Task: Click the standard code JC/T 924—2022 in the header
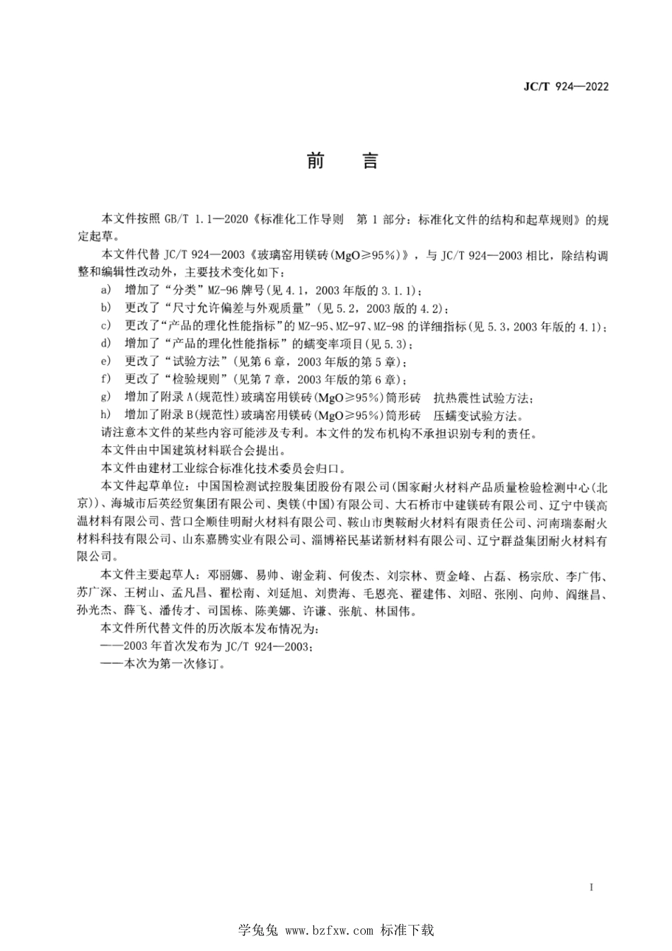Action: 565,86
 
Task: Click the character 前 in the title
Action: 316,161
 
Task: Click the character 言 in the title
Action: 371,161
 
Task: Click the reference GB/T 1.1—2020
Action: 203,219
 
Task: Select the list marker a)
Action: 106,290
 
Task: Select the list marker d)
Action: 106,344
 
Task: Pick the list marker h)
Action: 106,415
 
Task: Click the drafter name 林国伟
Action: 393,612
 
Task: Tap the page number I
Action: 591,887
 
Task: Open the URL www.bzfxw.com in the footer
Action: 329,931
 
